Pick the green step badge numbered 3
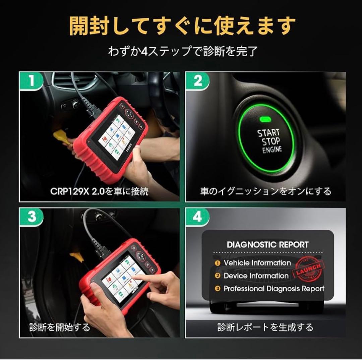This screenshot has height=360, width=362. pyautogui.click(x=31, y=217)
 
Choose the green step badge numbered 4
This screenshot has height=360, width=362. pyautogui.click(x=197, y=217)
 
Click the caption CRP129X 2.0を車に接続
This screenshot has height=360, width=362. pyautogui.click(x=99, y=191)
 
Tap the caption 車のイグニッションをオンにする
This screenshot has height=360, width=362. pyautogui.click(x=265, y=191)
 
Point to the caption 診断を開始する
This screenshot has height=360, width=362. pyautogui.click(x=60, y=327)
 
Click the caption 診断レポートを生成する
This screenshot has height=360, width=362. pyautogui.click(x=265, y=327)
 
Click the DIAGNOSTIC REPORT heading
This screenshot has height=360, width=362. pyautogui.click(x=267, y=244)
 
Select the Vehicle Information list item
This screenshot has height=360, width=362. pyautogui.click(x=257, y=263)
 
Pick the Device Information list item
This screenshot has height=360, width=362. pyautogui.click(x=256, y=276)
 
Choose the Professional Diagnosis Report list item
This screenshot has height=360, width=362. pyautogui.click(x=274, y=289)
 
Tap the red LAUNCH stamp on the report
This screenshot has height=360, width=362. pyautogui.click(x=309, y=269)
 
